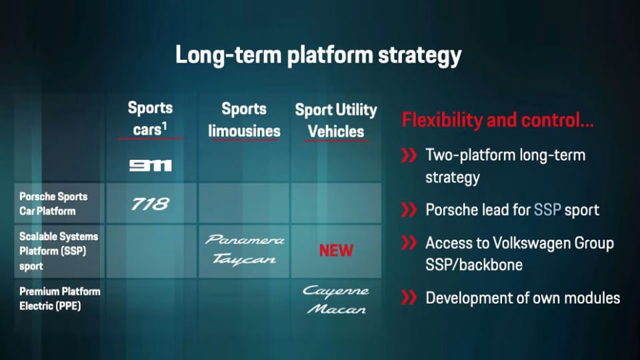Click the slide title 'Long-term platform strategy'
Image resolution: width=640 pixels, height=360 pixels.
(319, 55)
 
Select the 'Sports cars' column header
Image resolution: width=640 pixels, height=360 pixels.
(150, 119)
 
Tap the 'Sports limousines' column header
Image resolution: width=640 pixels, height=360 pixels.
(244, 119)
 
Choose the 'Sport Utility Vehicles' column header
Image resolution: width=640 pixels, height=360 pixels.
(336, 121)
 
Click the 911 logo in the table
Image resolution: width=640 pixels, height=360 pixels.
(151, 165)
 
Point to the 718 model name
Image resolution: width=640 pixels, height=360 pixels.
(150, 204)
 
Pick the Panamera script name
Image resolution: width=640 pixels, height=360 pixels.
(245, 239)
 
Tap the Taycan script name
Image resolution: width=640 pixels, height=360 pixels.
(244, 259)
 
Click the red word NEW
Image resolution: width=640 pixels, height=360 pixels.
(336, 250)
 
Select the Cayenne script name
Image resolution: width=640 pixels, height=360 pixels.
(336, 291)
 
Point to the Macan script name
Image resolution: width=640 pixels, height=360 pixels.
(336, 309)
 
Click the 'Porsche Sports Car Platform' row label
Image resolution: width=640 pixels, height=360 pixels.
(53, 204)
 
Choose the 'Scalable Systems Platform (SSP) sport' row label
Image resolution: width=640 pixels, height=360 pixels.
(59, 251)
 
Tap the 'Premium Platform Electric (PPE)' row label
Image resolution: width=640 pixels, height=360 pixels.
(59, 299)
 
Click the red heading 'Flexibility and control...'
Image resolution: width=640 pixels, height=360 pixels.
(497, 120)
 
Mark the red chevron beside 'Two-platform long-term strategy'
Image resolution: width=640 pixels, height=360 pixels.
(409, 155)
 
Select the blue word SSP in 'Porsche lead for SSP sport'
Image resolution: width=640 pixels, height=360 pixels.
(547, 210)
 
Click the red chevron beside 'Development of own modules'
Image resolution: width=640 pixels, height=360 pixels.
(409, 297)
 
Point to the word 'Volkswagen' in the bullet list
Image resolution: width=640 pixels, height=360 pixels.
(531, 244)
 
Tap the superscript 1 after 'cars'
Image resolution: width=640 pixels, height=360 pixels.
(165, 126)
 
